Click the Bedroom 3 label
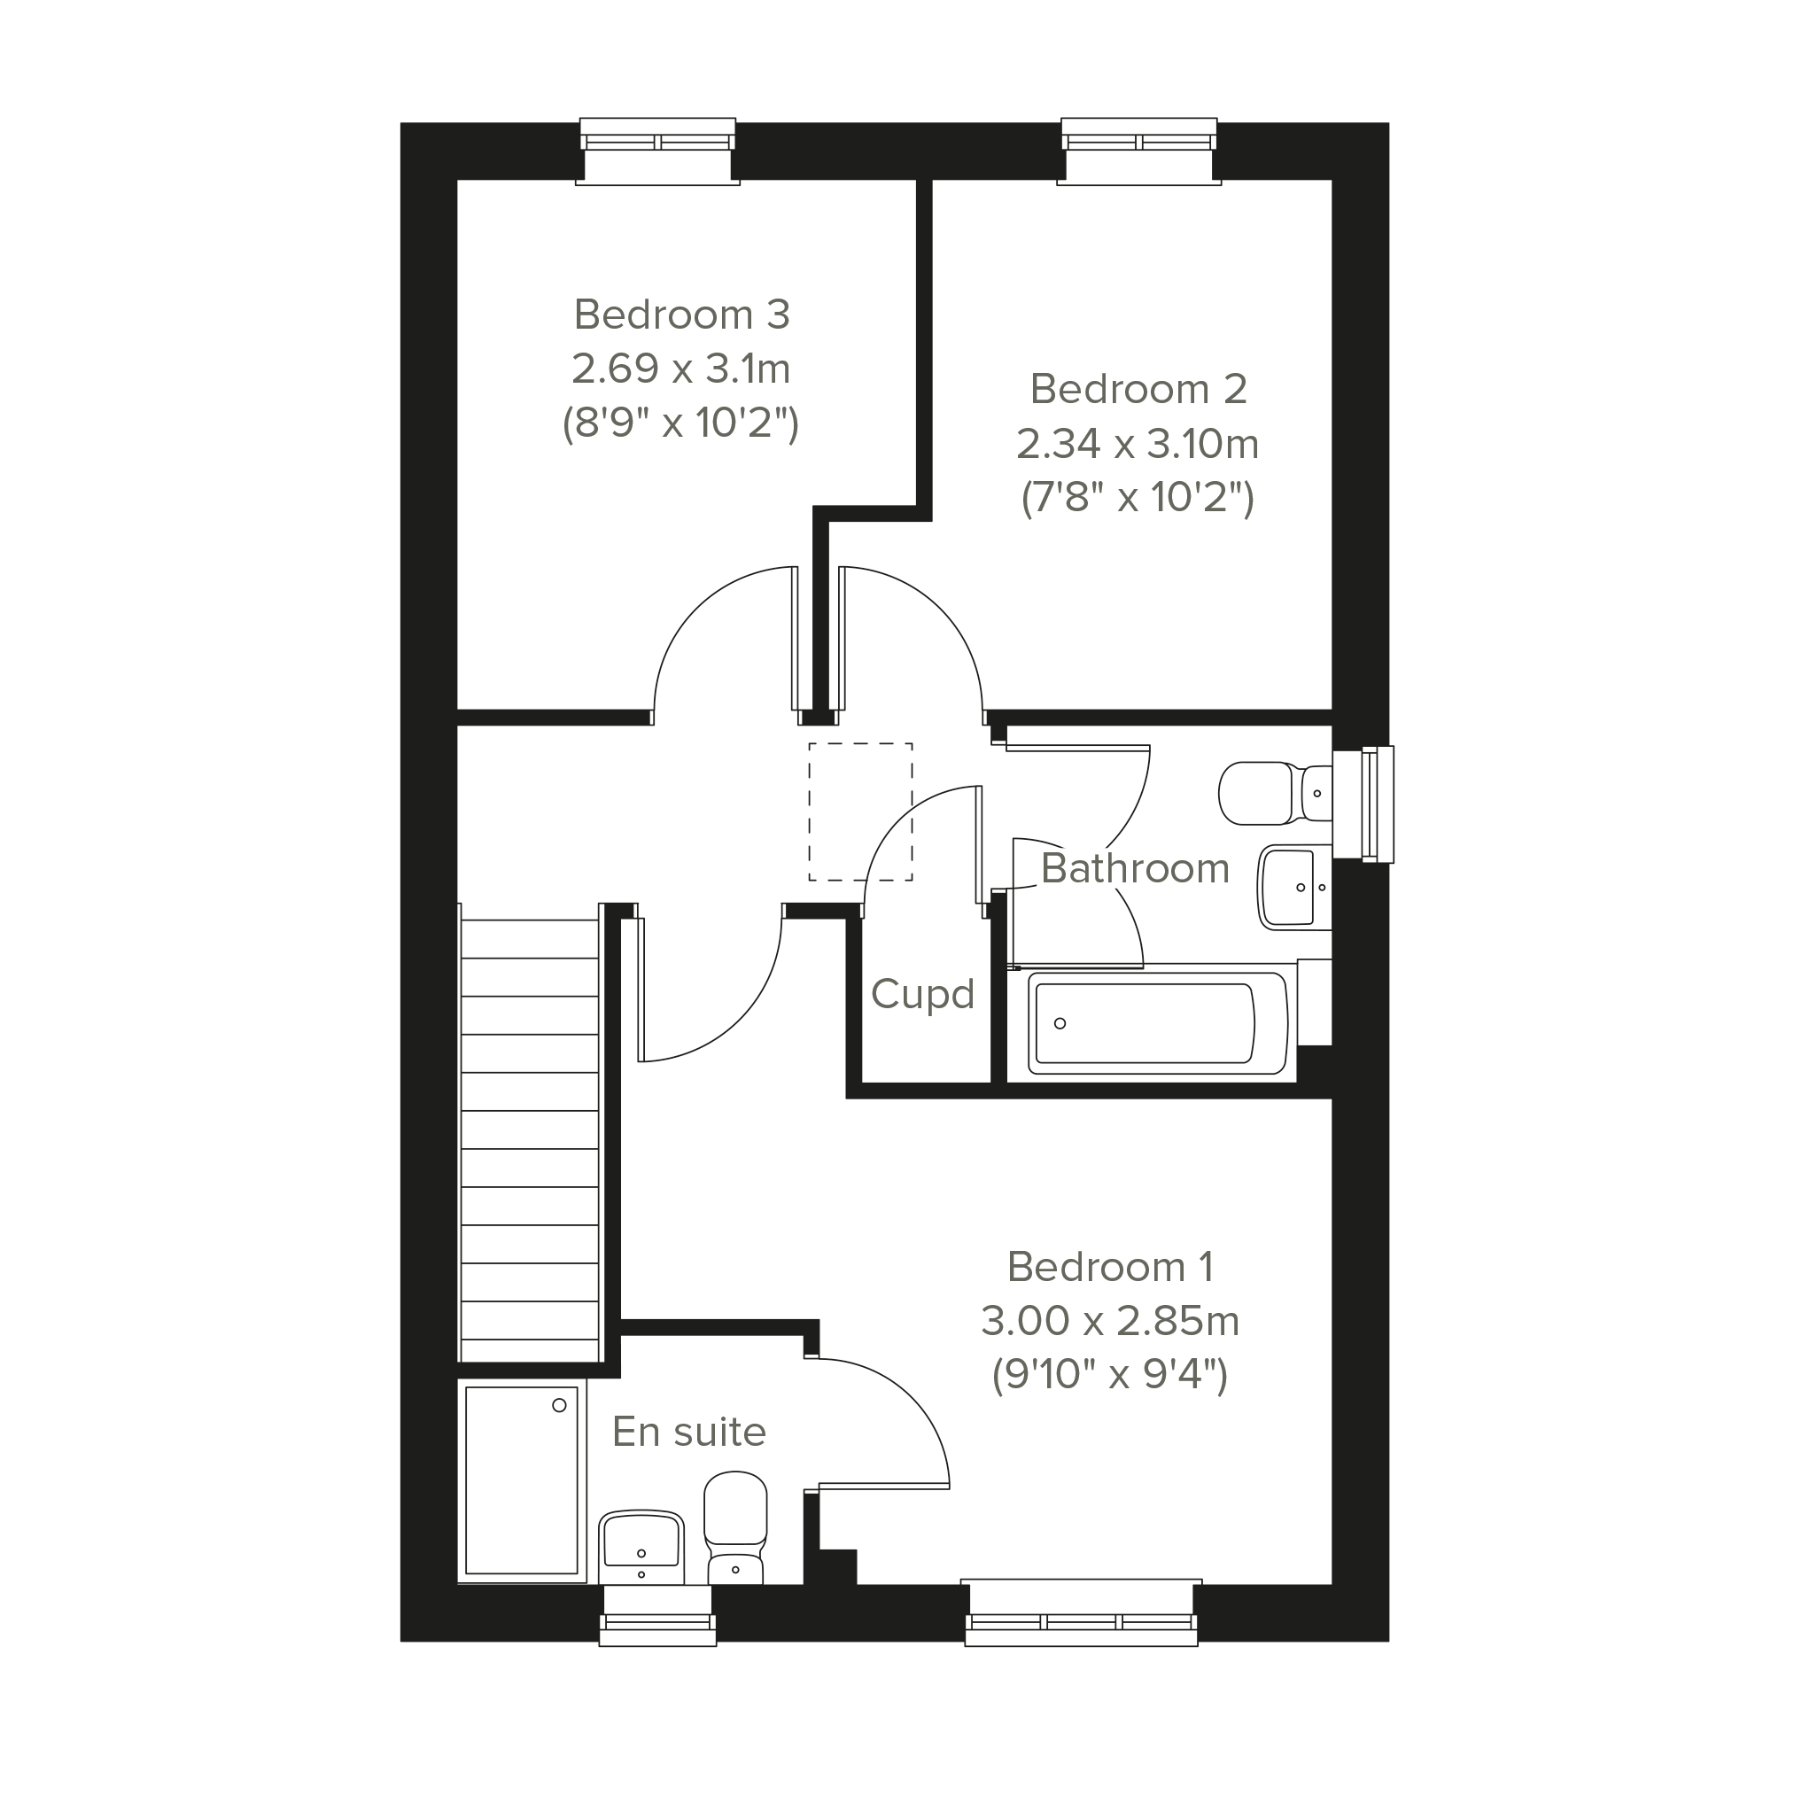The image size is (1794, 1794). pyautogui.click(x=681, y=315)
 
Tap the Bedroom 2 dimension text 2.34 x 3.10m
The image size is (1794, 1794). pyautogui.click(x=1138, y=444)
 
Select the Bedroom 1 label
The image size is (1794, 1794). pyautogui.click(x=1110, y=1267)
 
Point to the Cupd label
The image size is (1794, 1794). pyautogui.click(x=922, y=995)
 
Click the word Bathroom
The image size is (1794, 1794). pyautogui.click(x=1135, y=868)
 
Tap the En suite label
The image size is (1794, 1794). pyautogui.click(x=689, y=1432)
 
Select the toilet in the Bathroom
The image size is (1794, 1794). pyautogui.click(x=1275, y=793)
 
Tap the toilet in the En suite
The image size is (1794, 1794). pyautogui.click(x=735, y=1528)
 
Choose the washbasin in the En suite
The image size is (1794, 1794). pyautogui.click(x=641, y=1547)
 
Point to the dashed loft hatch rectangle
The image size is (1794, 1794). pyautogui.click(x=860, y=812)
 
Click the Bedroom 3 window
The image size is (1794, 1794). pyautogui.click(x=657, y=151)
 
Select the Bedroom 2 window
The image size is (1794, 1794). pyautogui.click(x=1138, y=151)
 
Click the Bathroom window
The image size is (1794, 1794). pyautogui.click(x=1363, y=804)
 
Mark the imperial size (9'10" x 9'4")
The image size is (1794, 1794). pyautogui.click(x=1110, y=1375)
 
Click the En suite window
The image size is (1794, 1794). pyautogui.click(x=657, y=1616)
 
